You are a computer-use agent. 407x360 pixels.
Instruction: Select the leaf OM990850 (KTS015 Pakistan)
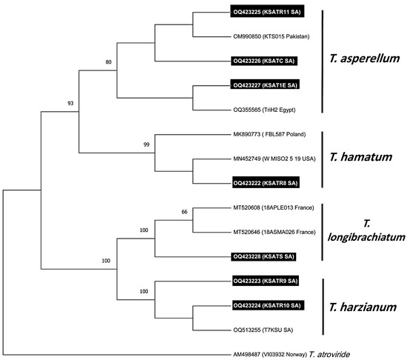coord(270,36)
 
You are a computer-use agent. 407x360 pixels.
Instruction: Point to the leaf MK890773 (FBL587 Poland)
coord(269,134)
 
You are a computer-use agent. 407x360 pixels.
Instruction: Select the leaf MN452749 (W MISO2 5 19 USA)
coord(275,159)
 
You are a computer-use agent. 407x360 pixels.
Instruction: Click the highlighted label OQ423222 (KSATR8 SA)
coord(266,182)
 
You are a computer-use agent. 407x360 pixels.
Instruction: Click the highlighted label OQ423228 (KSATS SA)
coord(264,256)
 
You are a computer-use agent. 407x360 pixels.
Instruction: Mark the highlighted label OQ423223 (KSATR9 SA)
coord(266,281)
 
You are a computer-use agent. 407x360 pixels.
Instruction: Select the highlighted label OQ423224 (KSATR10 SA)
coord(267,305)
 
